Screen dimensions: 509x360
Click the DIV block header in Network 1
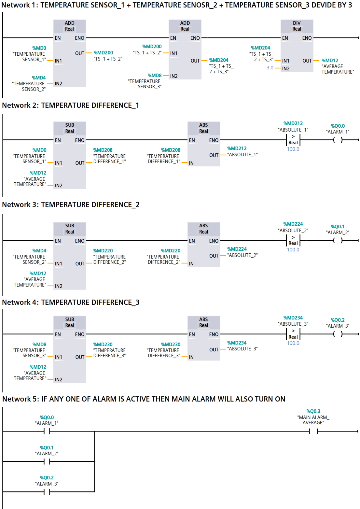tap(297, 26)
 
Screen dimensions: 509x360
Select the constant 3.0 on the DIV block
tap(270, 68)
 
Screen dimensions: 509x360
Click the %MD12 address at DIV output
tap(330, 60)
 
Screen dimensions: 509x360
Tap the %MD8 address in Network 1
tap(155, 75)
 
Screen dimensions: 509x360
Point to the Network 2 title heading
tap(71, 105)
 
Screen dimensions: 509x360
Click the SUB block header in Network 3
tap(70, 229)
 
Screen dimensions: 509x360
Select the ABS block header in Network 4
tap(203, 322)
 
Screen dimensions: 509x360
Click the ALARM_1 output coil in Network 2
tap(338, 140)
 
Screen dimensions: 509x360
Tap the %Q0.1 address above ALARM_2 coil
tap(338, 226)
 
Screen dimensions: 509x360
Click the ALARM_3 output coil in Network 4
tap(338, 334)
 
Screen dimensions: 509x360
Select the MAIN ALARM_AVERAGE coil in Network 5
tap(313, 431)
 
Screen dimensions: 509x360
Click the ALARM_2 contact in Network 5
tap(47, 461)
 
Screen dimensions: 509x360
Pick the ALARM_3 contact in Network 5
tap(47, 492)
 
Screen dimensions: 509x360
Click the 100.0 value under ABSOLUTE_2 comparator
tap(293, 250)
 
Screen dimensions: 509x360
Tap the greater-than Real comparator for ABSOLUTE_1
tap(293, 140)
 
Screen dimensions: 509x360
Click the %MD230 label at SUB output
tap(103, 344)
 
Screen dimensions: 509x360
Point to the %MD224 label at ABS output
tap(237, 249)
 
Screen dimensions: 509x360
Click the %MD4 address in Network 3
tap(39, 250)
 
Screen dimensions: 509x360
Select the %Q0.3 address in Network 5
tap(313, 411)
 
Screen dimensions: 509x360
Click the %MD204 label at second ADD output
tap(219, 60)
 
